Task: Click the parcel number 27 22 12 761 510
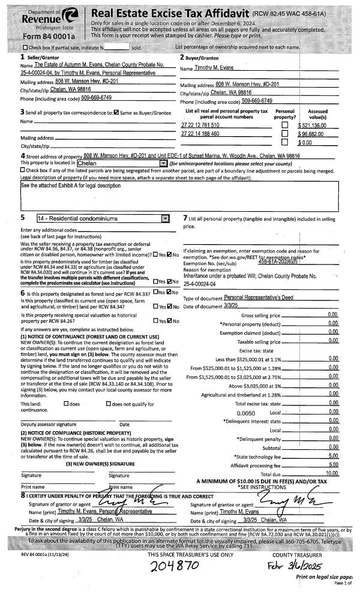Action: [x=200, y=125]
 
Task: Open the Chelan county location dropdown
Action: [x=163, y=163]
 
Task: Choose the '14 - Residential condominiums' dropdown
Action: [x=166, y=219]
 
